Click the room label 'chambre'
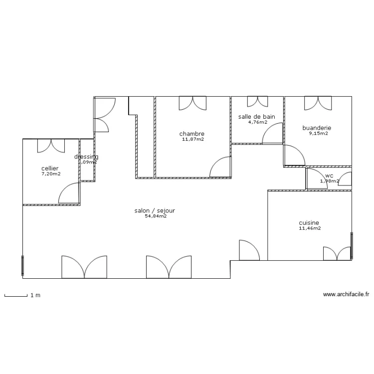[x=192, y=134]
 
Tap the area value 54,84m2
[x=155, y=216]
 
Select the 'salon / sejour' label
[x=155, y=210]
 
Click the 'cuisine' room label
[x=309, y=223]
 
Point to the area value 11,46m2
[x=310, y=228]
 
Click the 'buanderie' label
[x=317, y=128]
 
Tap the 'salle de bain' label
[x=257, y=117]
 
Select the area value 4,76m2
[x=257, y=122]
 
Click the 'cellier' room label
[x=50, y=169]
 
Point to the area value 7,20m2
[x=51, y=174]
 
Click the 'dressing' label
[x=86, y=157]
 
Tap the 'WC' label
[x=329, y=176]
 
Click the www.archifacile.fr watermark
[x=346, y=295]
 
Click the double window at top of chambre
[x=192, y=102]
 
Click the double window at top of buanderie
[x=318, y=103]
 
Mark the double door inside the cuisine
[x=337, y=253]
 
